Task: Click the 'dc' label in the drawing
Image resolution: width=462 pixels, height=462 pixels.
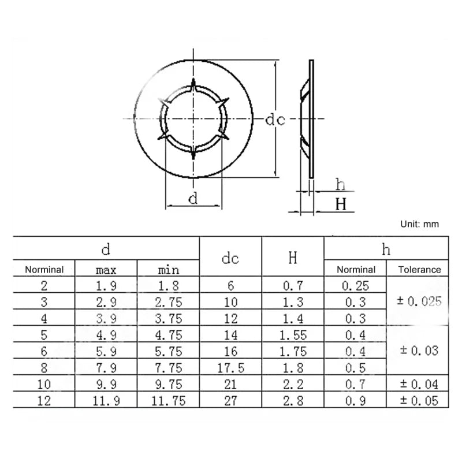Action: tap(275, 120)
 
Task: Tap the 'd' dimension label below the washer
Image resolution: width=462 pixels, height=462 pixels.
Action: tap(193, 198)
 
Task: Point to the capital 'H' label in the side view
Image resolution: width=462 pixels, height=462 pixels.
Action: tap(341, 204)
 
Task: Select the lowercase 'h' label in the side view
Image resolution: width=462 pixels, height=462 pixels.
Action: tap(340, 184)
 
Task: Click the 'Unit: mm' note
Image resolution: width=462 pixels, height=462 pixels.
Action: tap(419, 224)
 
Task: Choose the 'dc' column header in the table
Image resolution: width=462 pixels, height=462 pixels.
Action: tap(230, 258)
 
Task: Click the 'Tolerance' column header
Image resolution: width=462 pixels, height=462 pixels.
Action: tap(419, 269)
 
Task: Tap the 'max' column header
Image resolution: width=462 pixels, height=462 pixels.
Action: tap(106, 270)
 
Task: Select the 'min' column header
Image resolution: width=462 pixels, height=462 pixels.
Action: tap(168, 269)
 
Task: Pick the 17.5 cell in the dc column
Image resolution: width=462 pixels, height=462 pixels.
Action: tap(230, 368)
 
